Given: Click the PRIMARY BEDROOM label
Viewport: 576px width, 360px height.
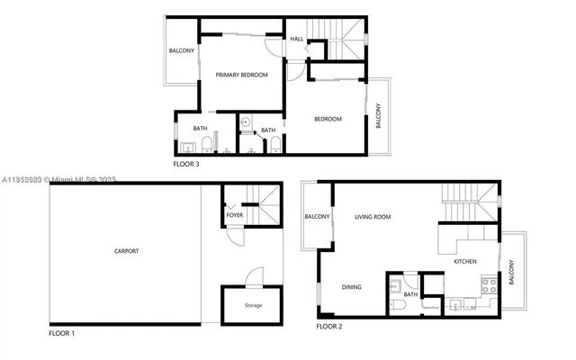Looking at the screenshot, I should coord(241,76).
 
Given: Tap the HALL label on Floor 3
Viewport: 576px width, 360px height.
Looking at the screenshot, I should coord(296,39).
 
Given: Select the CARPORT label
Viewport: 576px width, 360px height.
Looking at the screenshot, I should coord(126,251).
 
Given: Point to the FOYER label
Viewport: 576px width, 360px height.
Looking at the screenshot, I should coord(235,216).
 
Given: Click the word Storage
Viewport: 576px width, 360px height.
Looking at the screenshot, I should coord(254,306).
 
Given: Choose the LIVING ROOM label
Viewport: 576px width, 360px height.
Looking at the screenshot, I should coord(373,217).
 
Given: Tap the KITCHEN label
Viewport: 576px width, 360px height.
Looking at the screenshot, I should coord(464,261).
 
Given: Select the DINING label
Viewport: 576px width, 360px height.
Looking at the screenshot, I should coord(352,288).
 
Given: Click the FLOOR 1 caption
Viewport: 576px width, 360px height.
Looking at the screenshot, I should coord(62,334).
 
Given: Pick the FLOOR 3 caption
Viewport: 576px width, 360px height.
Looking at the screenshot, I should coord(186,165).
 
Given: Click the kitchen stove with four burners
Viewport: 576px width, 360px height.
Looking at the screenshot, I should coord(490,286).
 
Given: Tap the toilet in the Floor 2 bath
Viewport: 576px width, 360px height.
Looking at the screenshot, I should coord(398,303).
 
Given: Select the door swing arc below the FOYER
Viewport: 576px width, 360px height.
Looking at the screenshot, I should coord(234,238).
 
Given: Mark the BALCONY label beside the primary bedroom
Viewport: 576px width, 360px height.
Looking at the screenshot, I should coord(182,50).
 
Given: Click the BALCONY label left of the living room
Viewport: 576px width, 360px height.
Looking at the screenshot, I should coord(317,217).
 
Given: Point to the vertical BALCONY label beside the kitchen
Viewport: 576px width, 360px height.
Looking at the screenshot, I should coord(511,272).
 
